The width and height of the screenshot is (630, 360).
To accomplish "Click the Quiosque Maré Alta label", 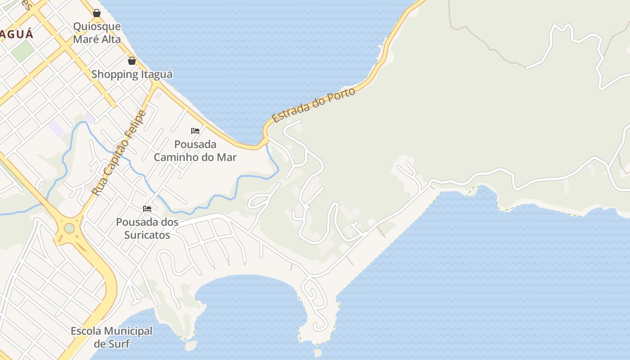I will coord(97,33).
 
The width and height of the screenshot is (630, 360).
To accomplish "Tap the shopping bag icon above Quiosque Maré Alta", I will coord(97,13).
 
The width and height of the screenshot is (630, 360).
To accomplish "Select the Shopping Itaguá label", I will coord(132,74).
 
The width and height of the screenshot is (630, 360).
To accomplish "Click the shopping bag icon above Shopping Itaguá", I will coord(132,61).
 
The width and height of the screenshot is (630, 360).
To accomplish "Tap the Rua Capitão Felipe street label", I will coord(119,153).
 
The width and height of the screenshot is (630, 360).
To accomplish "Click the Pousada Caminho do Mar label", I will coord(195,151).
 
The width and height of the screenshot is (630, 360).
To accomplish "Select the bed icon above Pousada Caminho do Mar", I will coord(195,131).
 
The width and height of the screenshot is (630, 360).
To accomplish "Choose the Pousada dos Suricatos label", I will coord(147,228).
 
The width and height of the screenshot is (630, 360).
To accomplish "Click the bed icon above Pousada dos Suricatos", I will coord(147,208).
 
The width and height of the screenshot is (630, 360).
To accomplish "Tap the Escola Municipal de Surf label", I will coord(112,337).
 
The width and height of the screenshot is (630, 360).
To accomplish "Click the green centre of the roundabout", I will coord(69,228).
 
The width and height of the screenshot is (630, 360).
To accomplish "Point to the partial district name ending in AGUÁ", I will coord(17,34).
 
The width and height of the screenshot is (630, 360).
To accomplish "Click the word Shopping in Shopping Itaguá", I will coord(112,74).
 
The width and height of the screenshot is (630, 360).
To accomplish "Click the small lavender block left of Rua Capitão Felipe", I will coord(56,128).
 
